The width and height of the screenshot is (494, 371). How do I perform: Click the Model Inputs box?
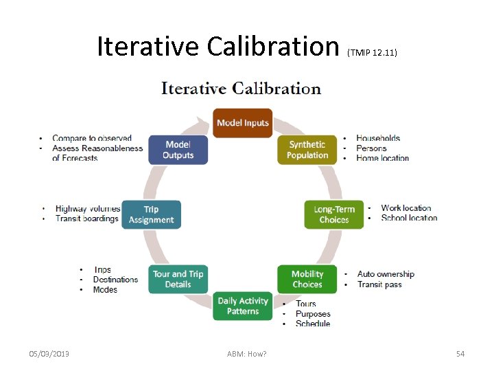point(242,123)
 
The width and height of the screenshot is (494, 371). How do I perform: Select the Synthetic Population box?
point(307,150)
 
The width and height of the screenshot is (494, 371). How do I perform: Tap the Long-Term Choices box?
point(334,214)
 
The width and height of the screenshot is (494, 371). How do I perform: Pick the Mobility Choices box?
point(307,279)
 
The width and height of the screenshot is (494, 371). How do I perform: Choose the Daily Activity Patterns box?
point(242,306)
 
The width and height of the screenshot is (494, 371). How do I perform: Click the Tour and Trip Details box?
point(178,279)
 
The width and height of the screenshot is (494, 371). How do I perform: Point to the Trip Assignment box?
point(151,214)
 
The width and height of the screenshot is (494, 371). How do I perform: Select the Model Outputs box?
point(178,150)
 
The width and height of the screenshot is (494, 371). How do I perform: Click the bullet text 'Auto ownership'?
point(386,274)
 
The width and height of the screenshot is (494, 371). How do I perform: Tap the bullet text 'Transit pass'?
point(379,284)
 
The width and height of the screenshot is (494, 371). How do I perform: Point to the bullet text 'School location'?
point(409,218)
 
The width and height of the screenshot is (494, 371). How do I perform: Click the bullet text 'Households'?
point(378,138)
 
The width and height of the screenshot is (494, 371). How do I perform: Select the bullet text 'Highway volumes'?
point(88,209)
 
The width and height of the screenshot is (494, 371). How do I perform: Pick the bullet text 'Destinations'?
point(115,280)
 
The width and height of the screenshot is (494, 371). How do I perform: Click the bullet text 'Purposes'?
point(313,314)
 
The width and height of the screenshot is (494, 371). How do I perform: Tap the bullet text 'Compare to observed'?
point(92,139)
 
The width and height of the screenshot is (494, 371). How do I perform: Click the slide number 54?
point(460,354)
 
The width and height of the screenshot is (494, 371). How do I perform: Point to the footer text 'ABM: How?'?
point(247,354)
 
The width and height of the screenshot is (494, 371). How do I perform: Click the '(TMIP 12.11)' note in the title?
point(373,52)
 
